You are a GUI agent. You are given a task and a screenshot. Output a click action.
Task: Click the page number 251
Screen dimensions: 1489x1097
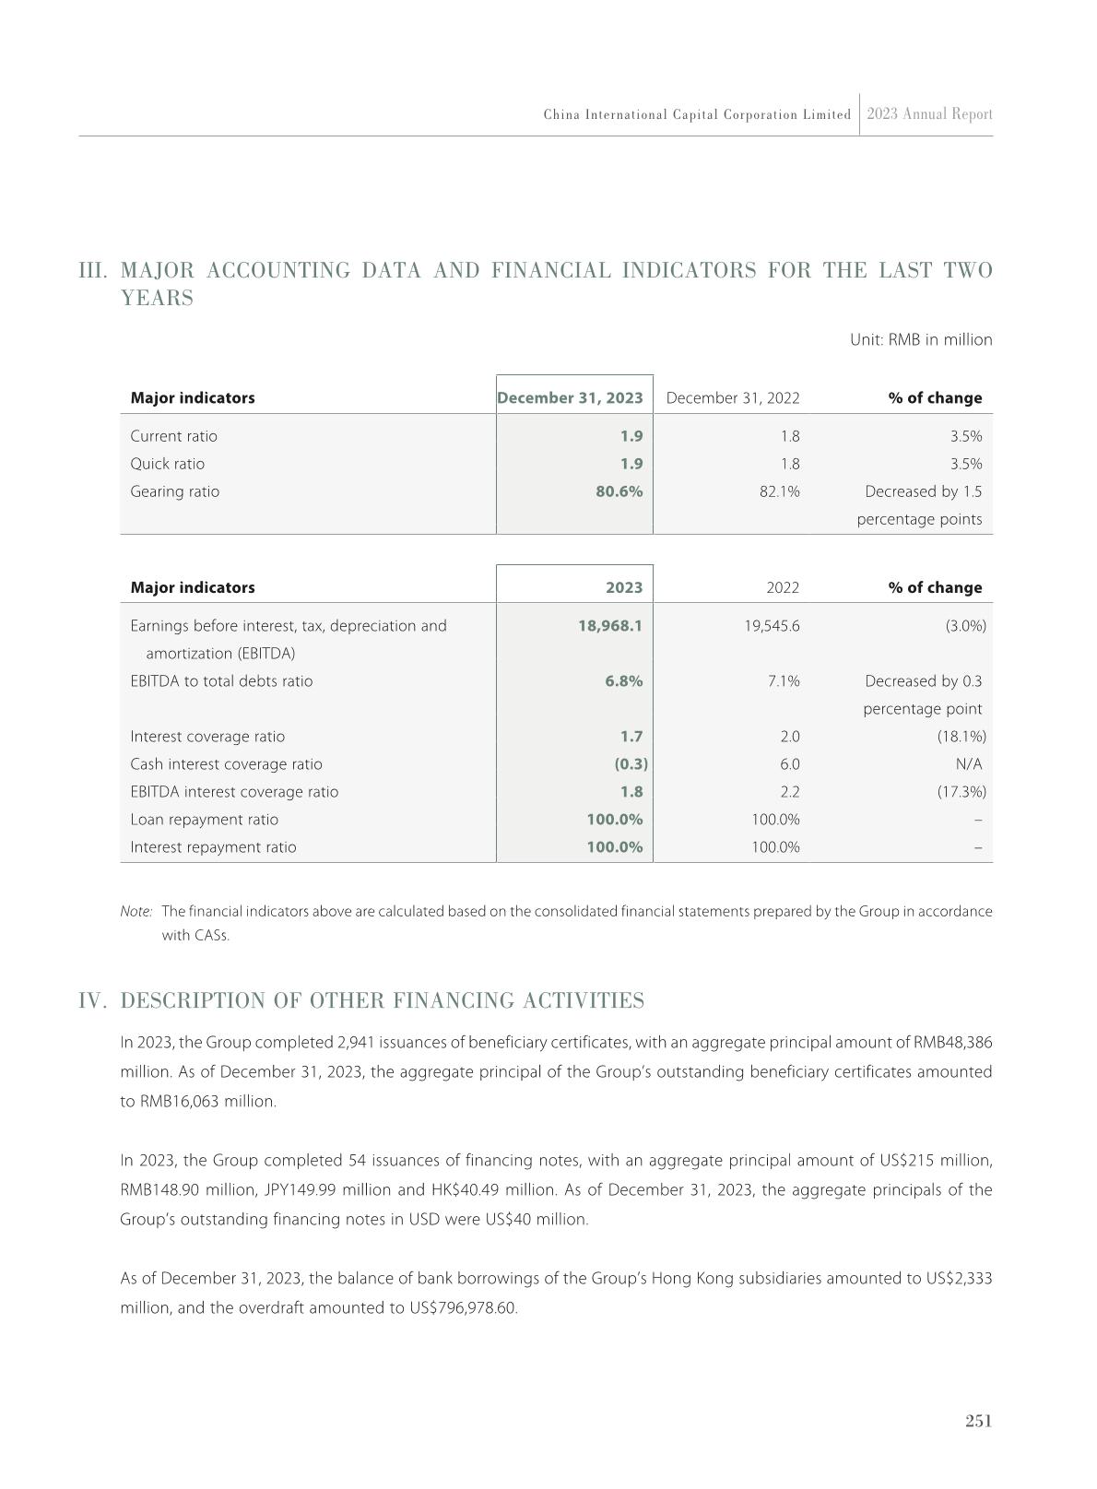tap(978, 1421)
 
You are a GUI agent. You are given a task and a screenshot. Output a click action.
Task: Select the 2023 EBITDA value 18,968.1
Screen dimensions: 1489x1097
tap(609, 626)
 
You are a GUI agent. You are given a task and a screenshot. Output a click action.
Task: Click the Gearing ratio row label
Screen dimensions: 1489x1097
tap(175, 491)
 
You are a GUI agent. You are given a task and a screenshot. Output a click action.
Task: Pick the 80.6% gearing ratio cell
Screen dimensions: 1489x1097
tap(619, 491)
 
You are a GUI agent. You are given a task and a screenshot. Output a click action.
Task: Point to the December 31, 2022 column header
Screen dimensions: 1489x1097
tap(732, 398)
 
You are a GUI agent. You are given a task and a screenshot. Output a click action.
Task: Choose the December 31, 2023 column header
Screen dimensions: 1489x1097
tap(570, 398)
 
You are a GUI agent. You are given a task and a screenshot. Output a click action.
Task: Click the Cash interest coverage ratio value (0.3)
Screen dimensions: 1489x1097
tap(631, 764)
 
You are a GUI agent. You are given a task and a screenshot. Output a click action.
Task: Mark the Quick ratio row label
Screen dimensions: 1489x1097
tap(168, 464)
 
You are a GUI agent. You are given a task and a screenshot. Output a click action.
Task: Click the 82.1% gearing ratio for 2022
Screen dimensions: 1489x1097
tap(779, 491)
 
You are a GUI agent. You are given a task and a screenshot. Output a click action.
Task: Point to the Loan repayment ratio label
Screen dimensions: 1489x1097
tap(204, 820)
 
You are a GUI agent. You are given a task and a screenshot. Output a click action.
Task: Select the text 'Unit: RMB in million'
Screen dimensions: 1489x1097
tap(920, 340)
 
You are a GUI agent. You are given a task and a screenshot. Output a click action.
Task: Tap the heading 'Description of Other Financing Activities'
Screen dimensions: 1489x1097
tap(382, 1001)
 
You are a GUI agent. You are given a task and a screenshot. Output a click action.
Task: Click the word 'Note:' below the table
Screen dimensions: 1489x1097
tap(136, 912)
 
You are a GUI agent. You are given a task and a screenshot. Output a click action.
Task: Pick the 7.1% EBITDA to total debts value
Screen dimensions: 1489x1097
tap(784, 681)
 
